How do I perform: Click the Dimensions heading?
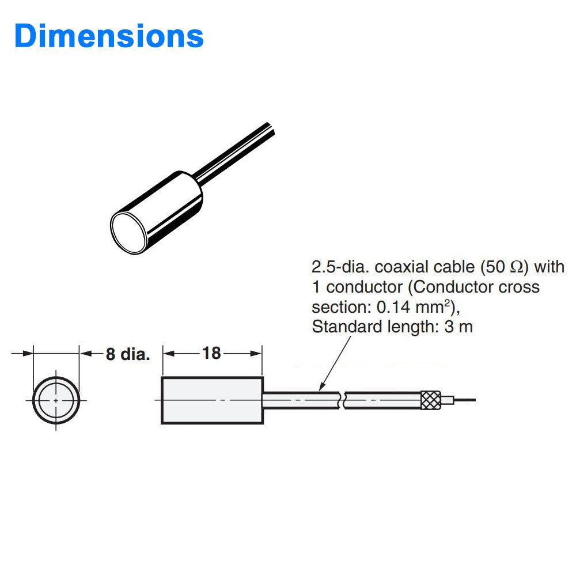coord(109,36)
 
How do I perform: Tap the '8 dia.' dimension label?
coord(127,354)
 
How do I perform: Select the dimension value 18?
coord(211,353)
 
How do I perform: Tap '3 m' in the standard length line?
coord(458,327)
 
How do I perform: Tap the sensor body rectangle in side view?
coord(212,400)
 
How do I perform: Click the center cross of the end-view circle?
coord(55,400)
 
